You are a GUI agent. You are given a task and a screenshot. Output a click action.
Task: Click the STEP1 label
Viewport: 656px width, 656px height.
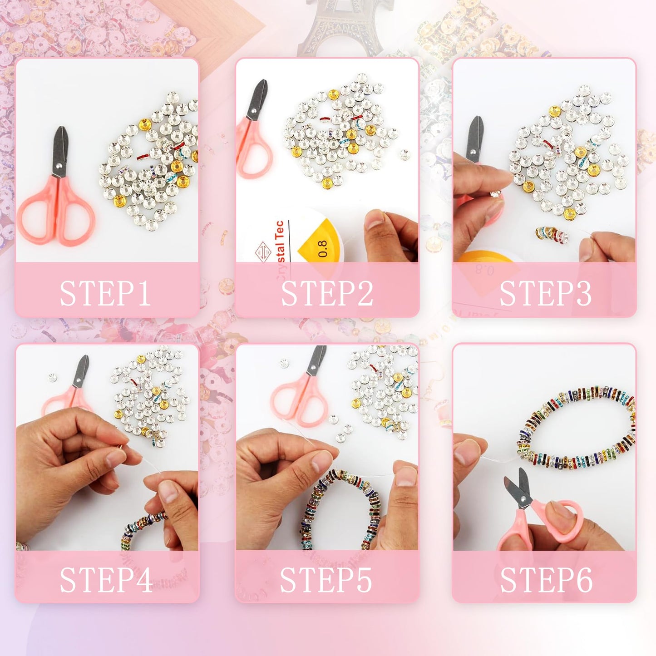point(105,293)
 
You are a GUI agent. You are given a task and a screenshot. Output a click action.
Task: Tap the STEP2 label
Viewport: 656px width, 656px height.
point(326,293)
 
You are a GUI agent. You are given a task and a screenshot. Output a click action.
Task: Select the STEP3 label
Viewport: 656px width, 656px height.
point(545,293)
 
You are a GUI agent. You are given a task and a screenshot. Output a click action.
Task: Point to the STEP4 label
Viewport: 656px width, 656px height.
point(106,580)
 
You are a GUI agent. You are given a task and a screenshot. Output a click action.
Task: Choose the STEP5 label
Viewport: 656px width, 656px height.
point(326,580)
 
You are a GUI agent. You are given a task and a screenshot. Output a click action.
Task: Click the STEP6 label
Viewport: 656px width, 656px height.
point(546,580)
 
